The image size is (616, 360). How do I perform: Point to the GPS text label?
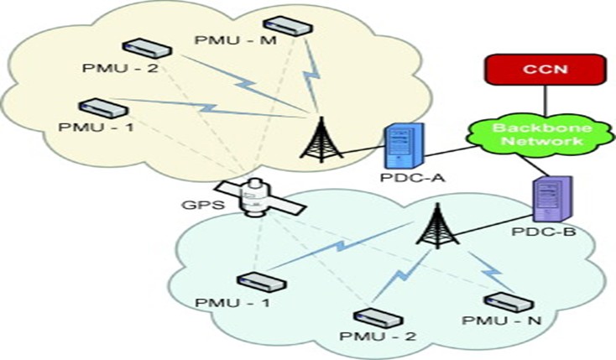[199, 204]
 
